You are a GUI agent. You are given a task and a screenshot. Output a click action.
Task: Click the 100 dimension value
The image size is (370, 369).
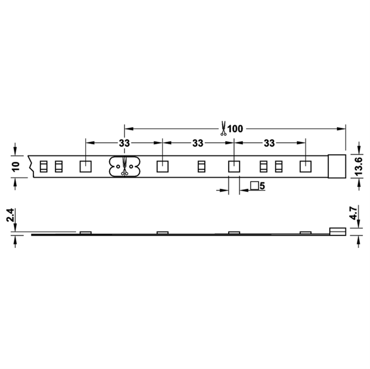(x=235, y=129)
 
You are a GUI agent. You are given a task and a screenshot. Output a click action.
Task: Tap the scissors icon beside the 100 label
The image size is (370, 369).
(x=223, y=129)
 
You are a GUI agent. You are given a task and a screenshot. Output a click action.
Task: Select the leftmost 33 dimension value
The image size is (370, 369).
(x=124, y=143)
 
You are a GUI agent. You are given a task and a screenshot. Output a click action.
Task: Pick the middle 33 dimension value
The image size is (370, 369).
(x=198, y=143)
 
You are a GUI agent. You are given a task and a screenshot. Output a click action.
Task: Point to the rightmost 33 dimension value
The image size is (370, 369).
(x=269, y=143)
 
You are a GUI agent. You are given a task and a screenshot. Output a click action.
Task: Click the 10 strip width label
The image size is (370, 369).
(x=16, y=166)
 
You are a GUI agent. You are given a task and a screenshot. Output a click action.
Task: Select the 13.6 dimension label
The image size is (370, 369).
(x=358, y=166)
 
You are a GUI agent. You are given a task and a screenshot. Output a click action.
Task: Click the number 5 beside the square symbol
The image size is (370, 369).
(x=262, y=186)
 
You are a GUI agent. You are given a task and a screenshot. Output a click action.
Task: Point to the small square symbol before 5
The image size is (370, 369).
(x=254, y=186)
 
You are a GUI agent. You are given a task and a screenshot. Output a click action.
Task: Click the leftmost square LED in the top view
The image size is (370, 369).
(x=86, y=167)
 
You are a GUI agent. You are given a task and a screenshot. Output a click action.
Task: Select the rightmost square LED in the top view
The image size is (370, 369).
(x=305, y=167)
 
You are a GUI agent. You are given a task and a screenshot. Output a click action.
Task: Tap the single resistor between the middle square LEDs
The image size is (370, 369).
(x=201, y=167)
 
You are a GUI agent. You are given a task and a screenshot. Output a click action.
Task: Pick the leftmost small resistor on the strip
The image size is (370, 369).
(x=43, y=167)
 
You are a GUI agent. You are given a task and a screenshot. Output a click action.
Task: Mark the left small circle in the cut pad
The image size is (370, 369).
(x=118, y=166)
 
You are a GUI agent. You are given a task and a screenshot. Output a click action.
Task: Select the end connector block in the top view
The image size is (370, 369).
(x=337, y=166)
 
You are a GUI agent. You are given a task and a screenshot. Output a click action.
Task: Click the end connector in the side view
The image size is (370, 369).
(x=338, y=231)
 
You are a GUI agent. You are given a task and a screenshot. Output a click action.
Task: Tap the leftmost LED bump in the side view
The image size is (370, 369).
(x=86, y=233)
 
